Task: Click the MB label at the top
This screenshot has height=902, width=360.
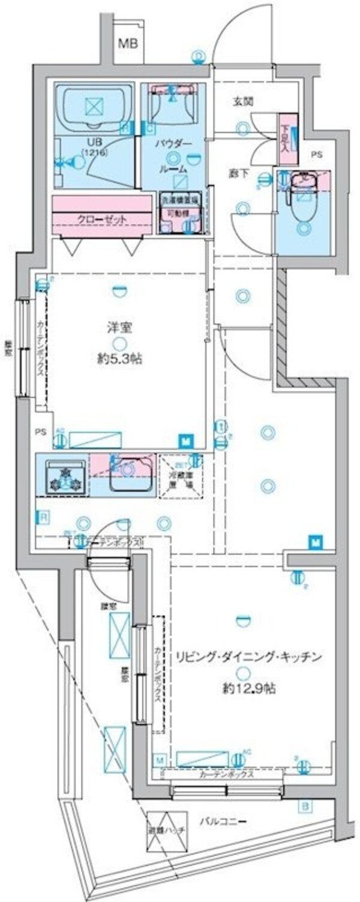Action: [x=127, y=43]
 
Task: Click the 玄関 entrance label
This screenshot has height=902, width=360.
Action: [x=242, y=101]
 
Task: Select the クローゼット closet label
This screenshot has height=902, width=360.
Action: [x=102, y=219]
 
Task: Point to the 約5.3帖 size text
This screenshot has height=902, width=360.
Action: [x=121, y=360]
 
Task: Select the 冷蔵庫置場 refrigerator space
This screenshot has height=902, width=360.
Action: [x=181, y=476]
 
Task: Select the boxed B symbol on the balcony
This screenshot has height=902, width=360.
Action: [x=305, y=807]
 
